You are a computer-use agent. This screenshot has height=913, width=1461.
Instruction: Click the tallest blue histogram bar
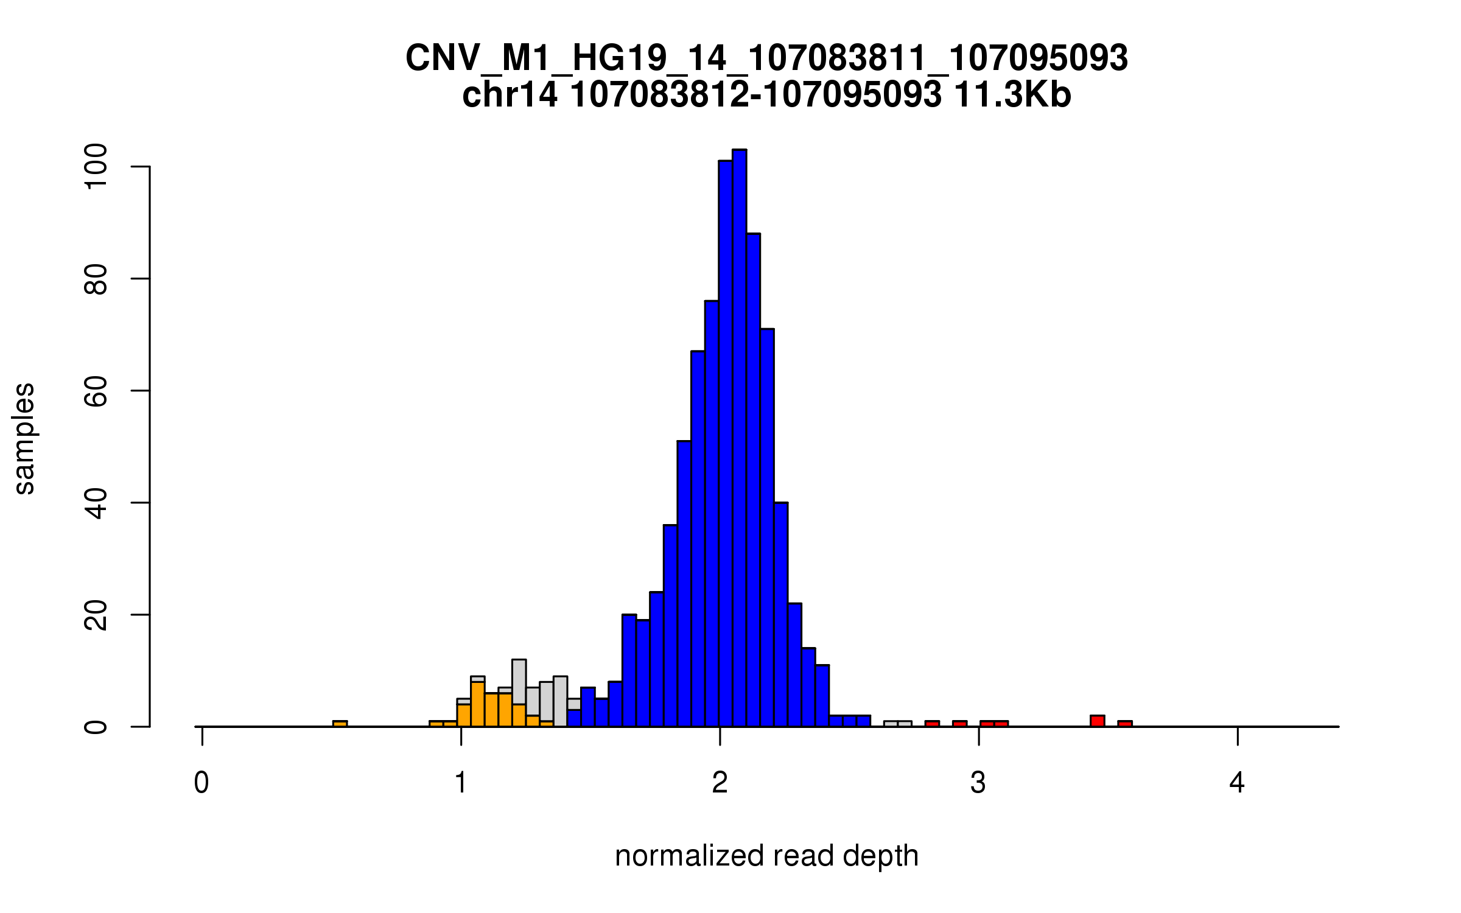[x=739, y=438]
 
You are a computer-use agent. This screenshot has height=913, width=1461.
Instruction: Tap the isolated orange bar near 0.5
[x=340, y=724]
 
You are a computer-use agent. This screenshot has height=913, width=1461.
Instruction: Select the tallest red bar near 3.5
[x=1097, y=721]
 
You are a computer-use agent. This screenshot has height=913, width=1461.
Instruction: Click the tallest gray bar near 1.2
[x=519, y=682]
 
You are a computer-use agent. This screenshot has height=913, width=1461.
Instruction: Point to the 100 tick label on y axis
[x=96, y=166]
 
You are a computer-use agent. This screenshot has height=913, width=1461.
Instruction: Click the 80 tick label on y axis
[x=96, y=279]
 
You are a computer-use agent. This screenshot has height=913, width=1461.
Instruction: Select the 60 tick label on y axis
[x=96, y=391]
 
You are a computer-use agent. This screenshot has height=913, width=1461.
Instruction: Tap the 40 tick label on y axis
[x=96, y=503]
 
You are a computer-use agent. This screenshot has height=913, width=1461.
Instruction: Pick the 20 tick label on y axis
[x=96, y=615]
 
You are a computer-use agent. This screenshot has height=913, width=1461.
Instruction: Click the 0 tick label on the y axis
[x=96, y=727]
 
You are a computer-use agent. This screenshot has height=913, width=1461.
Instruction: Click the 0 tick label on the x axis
[x=201, y=783]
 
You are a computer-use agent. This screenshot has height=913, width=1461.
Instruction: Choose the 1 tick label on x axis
[x=461, y=783]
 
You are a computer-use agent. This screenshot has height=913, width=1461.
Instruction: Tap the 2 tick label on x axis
[x=720, y=783]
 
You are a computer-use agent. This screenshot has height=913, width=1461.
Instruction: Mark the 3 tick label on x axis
[x=978, y=783]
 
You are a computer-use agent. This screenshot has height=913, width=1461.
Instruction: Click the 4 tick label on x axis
[x=1237, y=783]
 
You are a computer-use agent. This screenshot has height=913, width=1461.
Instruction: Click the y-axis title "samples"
[x=24, y=438]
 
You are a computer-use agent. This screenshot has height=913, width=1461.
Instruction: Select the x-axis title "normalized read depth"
[x=766, y=856]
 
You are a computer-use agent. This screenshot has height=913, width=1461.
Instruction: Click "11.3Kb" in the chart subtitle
[x=1012, y=95]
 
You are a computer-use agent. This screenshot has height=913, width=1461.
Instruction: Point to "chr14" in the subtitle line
[x=510, y=95]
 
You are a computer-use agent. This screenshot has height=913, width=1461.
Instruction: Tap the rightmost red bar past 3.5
[x=1124, y=724]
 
